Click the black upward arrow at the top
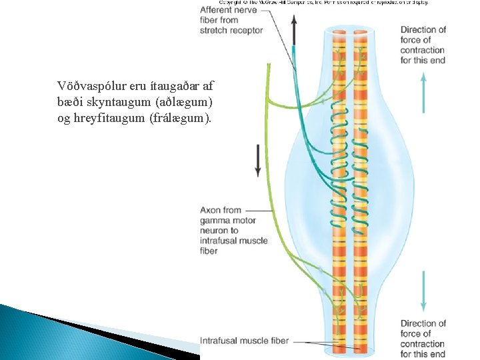tap(293, 31)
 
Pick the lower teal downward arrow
tap(423, 290)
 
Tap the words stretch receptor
tap(231, 31)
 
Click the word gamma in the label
tap(213, 221)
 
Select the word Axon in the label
tap(211, 211)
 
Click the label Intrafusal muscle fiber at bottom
tap(244, 341)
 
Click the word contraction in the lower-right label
tap(423, 344)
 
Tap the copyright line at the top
tap(313, 2)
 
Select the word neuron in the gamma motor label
tap(213, 231)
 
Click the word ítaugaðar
tap(173, 86)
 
